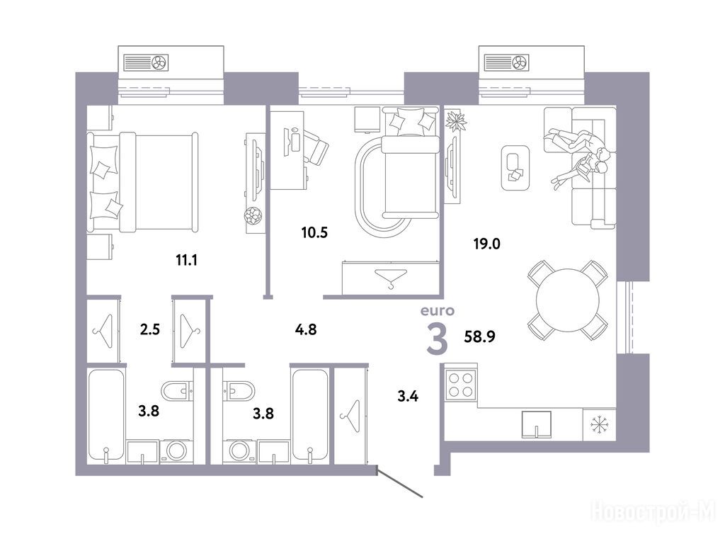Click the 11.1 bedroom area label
[186, 261]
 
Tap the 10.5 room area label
[314, 232]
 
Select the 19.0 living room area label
[486, 244]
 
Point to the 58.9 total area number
[479, 336]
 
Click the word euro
[437, 311]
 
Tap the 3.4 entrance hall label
[408, 396]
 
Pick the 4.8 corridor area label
[306, 329]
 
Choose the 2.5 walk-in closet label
[150, 329]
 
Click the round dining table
[568, 300]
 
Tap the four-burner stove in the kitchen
[461, 385]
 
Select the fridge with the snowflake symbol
[600, 424]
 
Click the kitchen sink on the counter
[537, 424]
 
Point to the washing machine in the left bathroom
[176, 451]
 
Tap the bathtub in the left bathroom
[106, 415]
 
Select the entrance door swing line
[400, 484]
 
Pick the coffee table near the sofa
[515, 167]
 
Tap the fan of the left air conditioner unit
[160, 62]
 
